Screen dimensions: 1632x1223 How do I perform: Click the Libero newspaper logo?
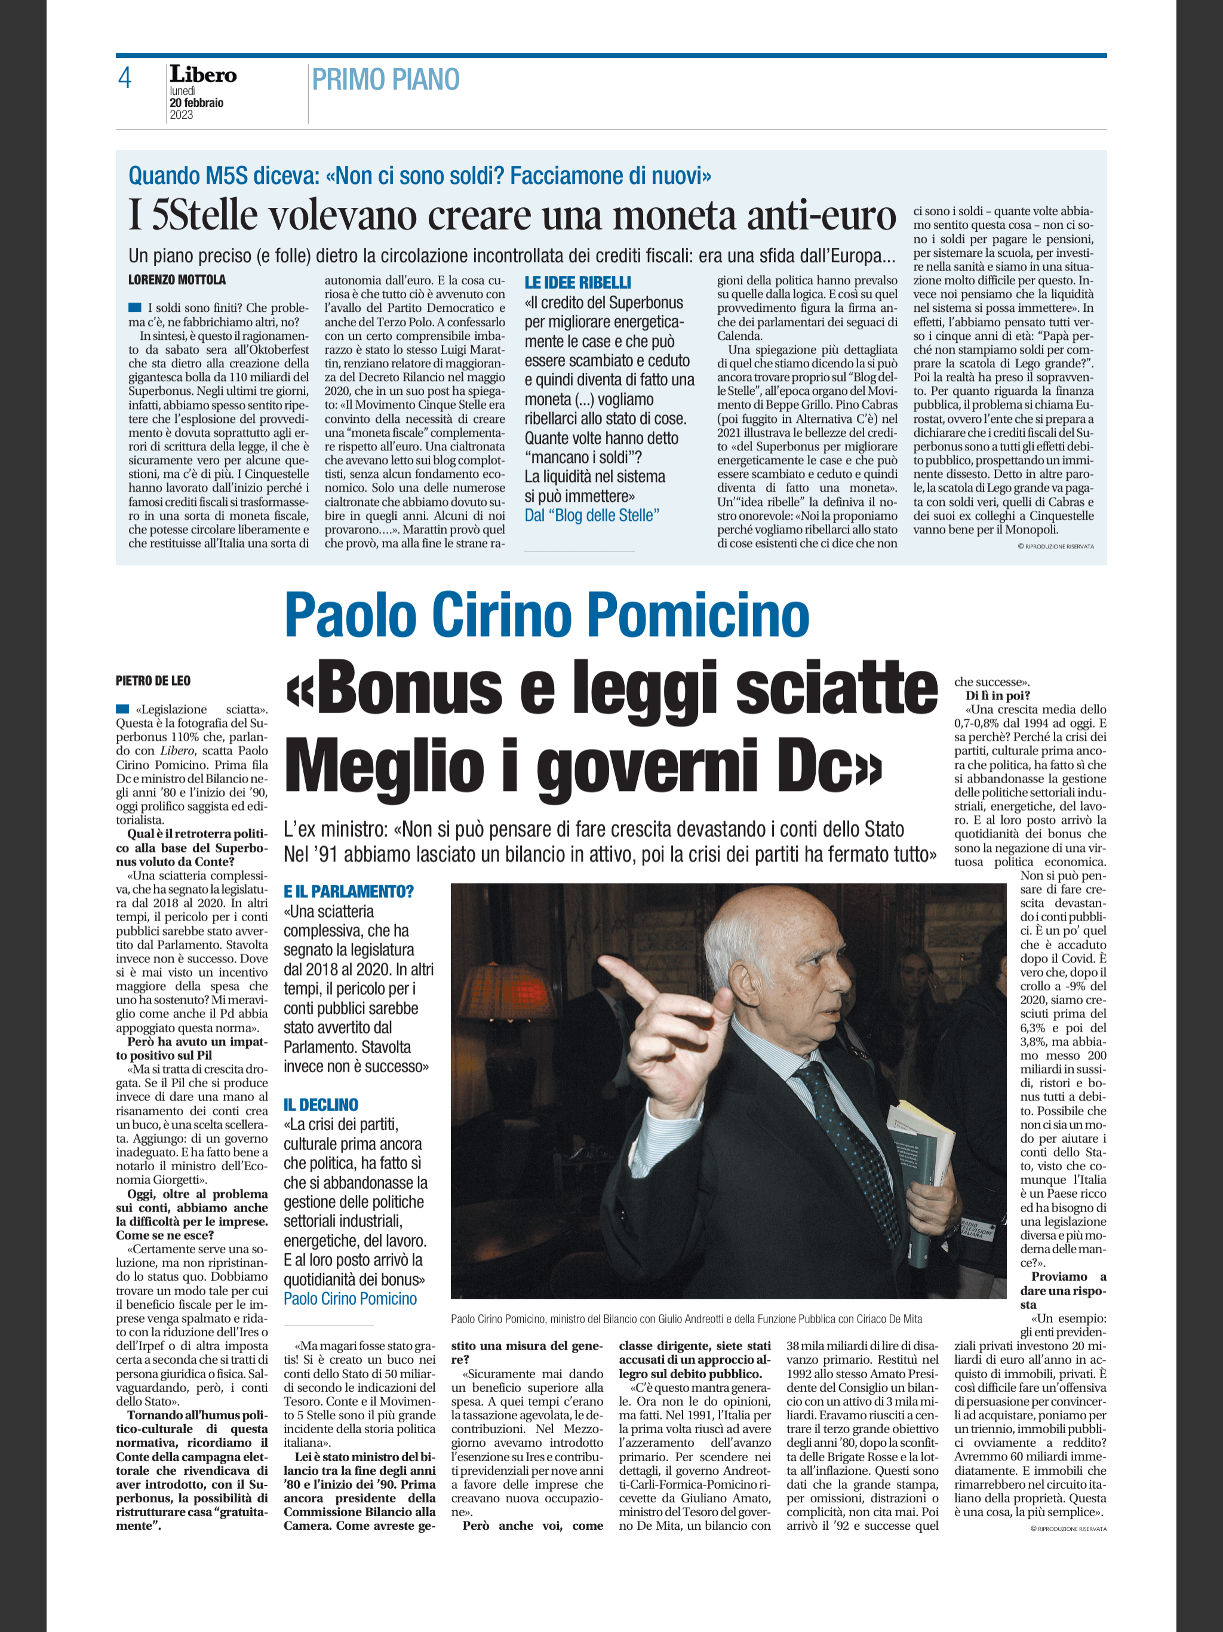203,75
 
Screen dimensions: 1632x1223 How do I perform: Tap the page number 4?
125,78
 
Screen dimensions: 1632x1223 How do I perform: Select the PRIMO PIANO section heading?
385,79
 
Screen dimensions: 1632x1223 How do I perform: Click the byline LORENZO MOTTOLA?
177,280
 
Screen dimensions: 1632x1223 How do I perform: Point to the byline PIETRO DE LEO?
153,680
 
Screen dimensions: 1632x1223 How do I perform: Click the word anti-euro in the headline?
821,216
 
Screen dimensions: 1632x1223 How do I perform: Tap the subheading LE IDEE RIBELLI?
577,283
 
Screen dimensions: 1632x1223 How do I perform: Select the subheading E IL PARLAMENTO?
349,891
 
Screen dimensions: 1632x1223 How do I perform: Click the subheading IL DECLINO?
321,1105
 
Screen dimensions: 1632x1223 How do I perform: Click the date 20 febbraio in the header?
196,103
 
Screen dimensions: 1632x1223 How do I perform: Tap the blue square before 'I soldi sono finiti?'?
134,308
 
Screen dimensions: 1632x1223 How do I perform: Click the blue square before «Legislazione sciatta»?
122,709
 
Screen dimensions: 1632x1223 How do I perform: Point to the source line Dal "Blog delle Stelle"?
592,515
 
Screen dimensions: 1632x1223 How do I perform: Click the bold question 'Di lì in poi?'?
997,695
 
